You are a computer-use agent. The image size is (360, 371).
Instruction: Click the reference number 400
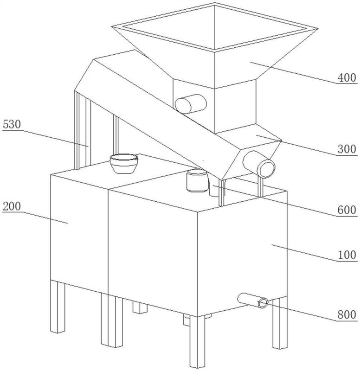coord(347,77)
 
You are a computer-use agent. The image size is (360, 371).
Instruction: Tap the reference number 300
coord(347,149)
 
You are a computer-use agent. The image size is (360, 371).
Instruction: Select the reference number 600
coord(347,210)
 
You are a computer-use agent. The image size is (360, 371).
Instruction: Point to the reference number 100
coord(347,255)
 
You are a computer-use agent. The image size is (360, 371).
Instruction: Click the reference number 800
coord(347,315)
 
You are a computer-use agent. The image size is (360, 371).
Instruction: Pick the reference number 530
coord(12,124)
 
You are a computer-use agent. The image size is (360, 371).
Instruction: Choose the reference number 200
coord(12,206)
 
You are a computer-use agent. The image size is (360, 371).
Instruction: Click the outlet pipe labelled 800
coord(253,301)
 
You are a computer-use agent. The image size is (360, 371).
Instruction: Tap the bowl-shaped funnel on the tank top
coord(124,163)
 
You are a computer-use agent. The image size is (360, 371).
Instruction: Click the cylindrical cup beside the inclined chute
coord(197,180)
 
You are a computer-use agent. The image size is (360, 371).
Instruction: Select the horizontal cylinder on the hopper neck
coord(191,104)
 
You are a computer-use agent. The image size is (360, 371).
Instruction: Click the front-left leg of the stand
coord(58,307)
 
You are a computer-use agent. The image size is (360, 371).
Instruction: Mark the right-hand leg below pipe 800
coord(280,323)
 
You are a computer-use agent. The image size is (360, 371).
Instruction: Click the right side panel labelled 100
coord(242,253)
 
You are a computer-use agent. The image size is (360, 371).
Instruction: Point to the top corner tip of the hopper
coord(215,3)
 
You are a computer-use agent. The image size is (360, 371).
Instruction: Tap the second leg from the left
coord(112,320)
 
